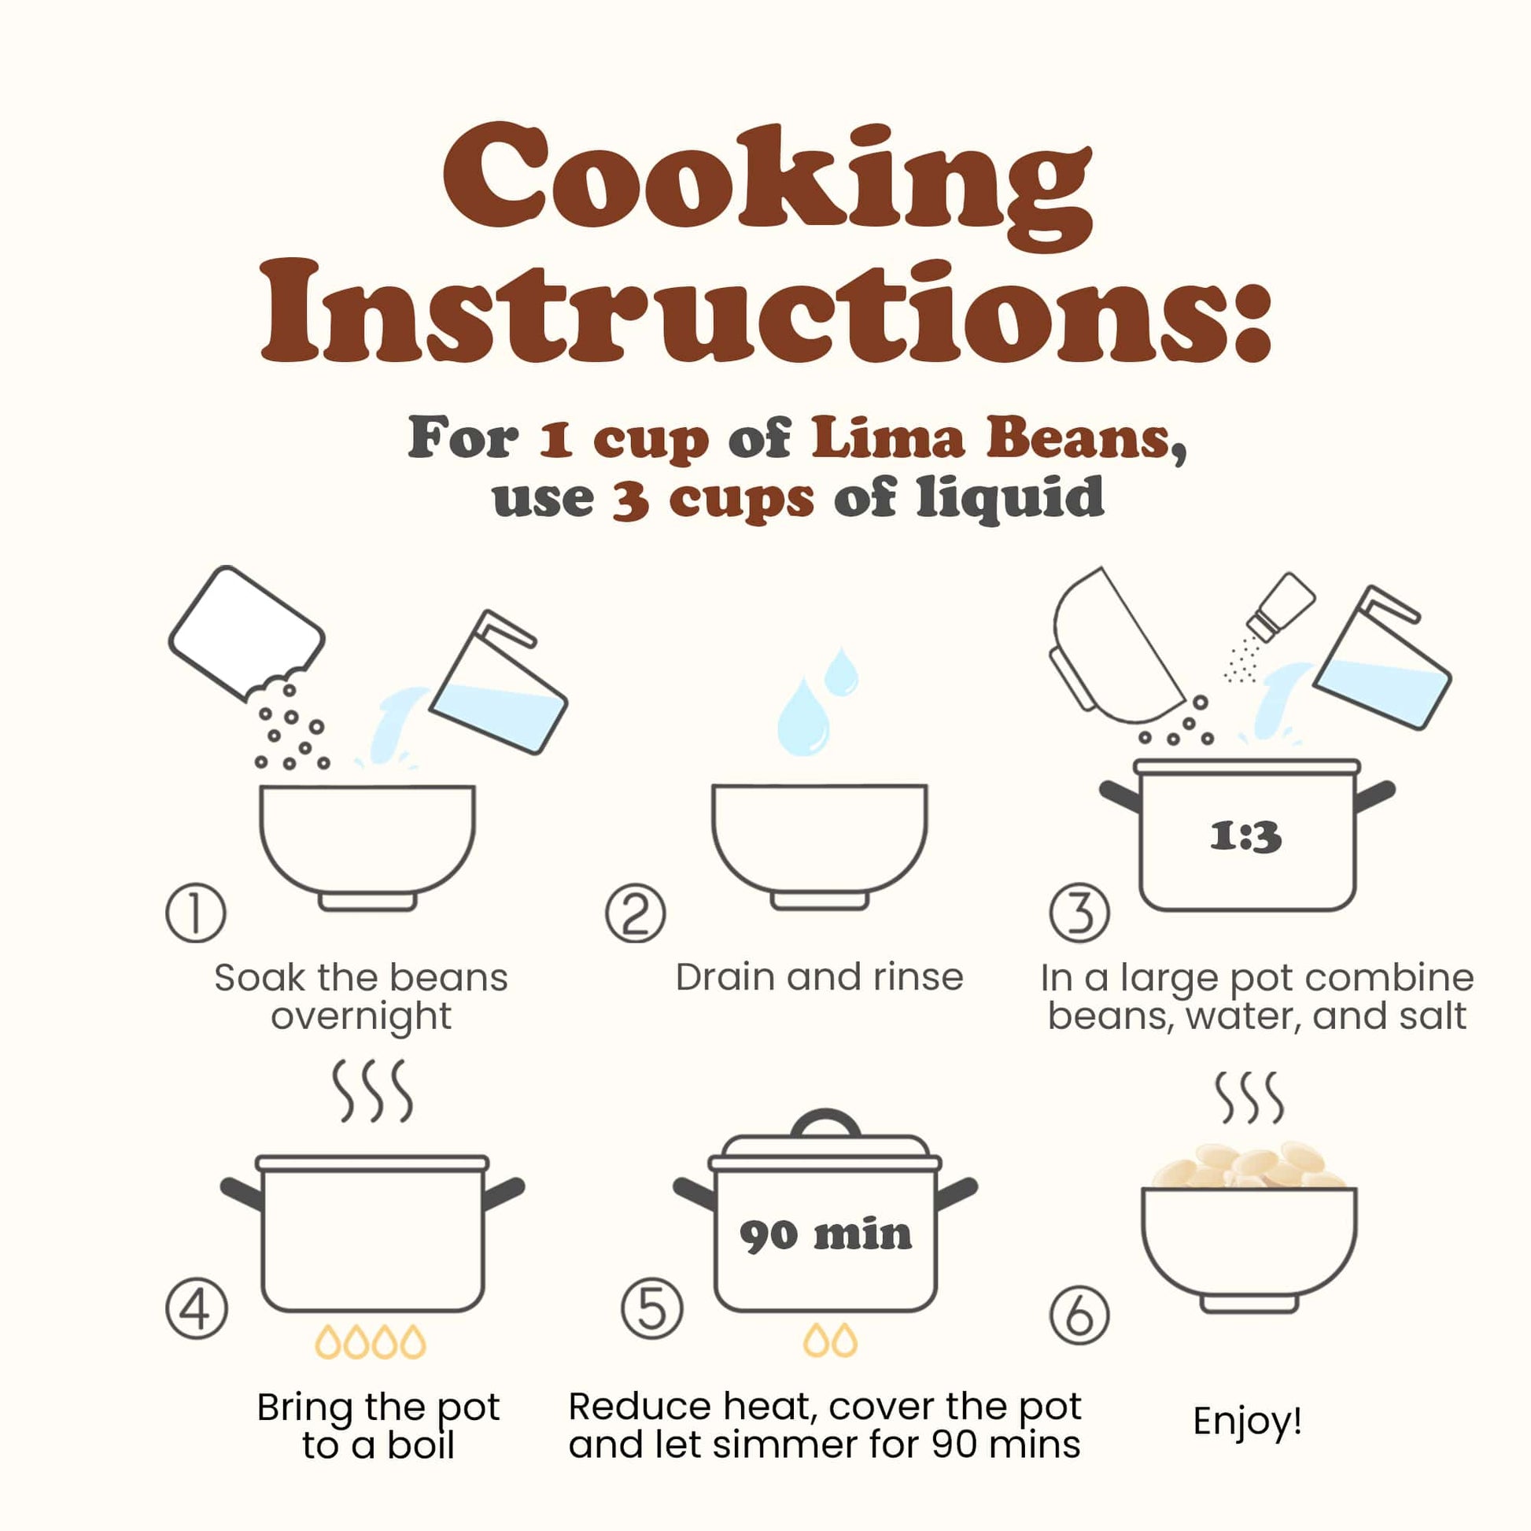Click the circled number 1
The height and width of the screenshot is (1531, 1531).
coord(196,913)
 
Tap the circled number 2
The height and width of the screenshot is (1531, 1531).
coord(636,913)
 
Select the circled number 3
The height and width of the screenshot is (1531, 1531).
coord(1079,913)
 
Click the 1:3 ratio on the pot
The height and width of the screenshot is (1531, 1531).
coord(1245,836)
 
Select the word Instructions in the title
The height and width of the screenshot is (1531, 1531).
coord(766,311)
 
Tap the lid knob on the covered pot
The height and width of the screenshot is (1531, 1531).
coord(826,1123)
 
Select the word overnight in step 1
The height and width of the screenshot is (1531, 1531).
coord(361,1016)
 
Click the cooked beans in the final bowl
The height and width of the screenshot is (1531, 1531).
coord(1249,1166)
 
